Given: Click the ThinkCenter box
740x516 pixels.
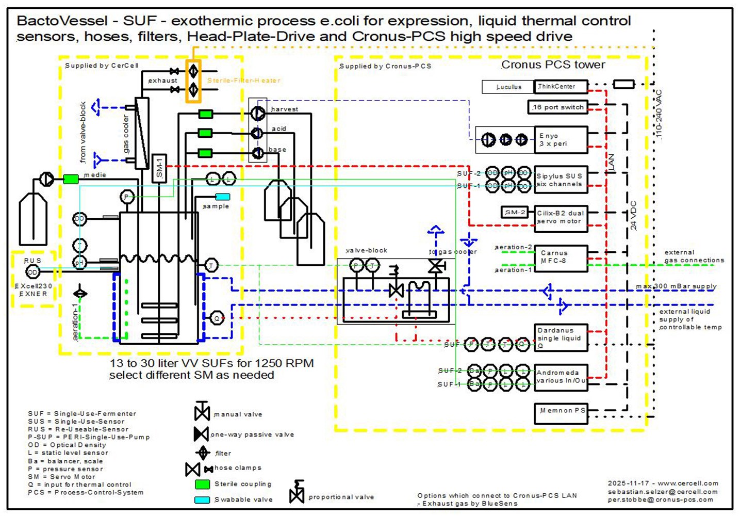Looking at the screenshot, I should pos(561,87).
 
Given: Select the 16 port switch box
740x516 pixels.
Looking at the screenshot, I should pos(558,107).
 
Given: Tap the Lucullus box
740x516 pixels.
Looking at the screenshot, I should pos(508,87).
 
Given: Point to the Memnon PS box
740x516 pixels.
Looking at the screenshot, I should pos(561,413).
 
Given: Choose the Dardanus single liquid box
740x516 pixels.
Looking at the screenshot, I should pos(561,337).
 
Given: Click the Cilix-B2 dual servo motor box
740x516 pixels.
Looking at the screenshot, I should pos(561,217).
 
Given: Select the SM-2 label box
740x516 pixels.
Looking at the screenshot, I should pos(515,212).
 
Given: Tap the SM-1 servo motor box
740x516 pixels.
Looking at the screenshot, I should pos(159,168).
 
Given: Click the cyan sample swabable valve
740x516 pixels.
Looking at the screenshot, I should pos(223,197).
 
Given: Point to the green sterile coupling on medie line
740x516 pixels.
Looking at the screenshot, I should pos(71,179).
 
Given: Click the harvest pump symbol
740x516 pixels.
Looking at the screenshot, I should pos(258,112).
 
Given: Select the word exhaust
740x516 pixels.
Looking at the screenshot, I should pos(162,80).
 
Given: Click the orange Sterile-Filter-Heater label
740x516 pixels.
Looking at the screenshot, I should pos(243,80).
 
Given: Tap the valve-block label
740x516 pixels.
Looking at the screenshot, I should pos(366,250).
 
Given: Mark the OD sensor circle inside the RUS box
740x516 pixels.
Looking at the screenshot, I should pos(32,272).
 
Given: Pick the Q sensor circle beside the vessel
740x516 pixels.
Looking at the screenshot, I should pos(217,318).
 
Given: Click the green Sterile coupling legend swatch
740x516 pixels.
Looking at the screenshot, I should pos(202,484).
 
